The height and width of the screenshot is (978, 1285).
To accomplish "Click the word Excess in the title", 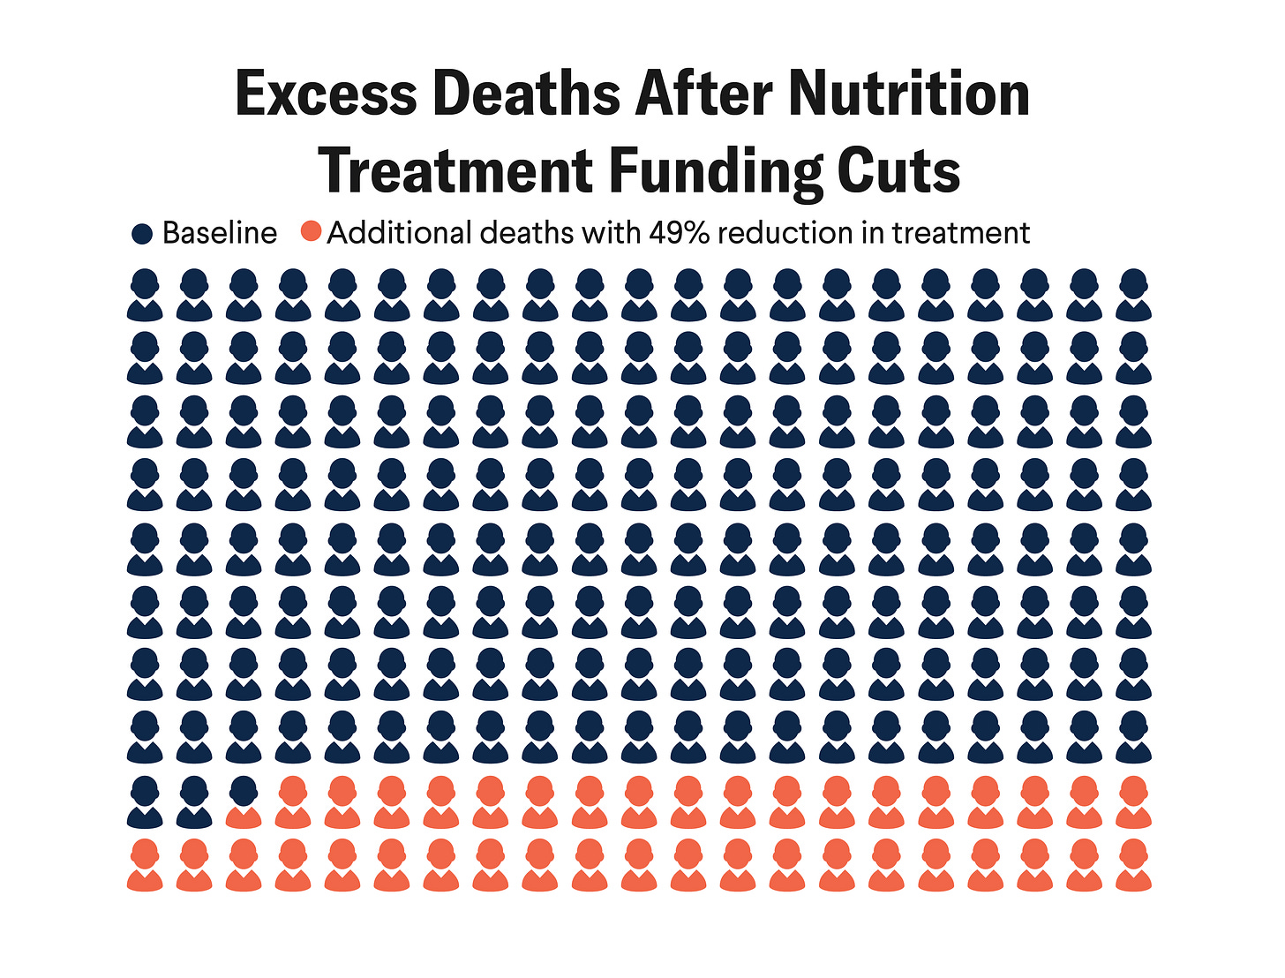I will (325, 94).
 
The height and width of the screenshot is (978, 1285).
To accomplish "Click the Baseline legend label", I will (220, 233).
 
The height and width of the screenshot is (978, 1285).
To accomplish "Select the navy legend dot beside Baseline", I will (141, 234).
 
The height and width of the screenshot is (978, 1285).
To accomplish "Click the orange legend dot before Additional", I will (311, 232).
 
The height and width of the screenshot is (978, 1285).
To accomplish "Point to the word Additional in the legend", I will (400, 233).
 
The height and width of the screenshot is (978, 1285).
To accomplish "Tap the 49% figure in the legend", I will (680, 233).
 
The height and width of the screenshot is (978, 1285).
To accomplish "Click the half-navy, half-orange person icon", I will (244, 801).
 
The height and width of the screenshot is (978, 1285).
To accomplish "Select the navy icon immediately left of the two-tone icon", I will (194, 801).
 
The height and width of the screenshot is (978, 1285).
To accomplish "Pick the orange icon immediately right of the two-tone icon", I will (293, 801).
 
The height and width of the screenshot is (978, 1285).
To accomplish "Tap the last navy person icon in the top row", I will (1133, 295).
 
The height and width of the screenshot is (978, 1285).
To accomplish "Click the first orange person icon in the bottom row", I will (145, 865).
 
